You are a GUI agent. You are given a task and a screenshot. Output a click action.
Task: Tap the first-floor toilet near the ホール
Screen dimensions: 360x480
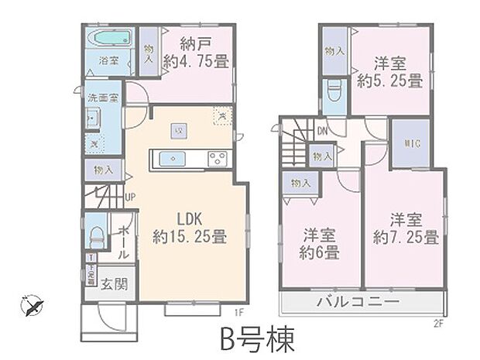coord(98,234)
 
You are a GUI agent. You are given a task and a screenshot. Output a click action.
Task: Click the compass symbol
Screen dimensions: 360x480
coord(30,305)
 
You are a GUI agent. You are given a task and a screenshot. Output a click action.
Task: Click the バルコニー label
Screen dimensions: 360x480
coord(358,301)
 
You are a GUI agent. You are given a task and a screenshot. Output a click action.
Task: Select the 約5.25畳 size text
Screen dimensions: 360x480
coord(389,81)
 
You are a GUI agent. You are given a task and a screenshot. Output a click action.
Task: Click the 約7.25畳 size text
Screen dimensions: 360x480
coord(406,235)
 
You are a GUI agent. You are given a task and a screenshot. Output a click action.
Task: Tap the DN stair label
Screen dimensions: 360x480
coord(319,132)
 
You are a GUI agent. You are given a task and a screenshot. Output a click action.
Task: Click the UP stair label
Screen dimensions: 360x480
coord(131,196)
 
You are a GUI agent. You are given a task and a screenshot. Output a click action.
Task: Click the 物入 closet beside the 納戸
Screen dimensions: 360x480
coord(150,49)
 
